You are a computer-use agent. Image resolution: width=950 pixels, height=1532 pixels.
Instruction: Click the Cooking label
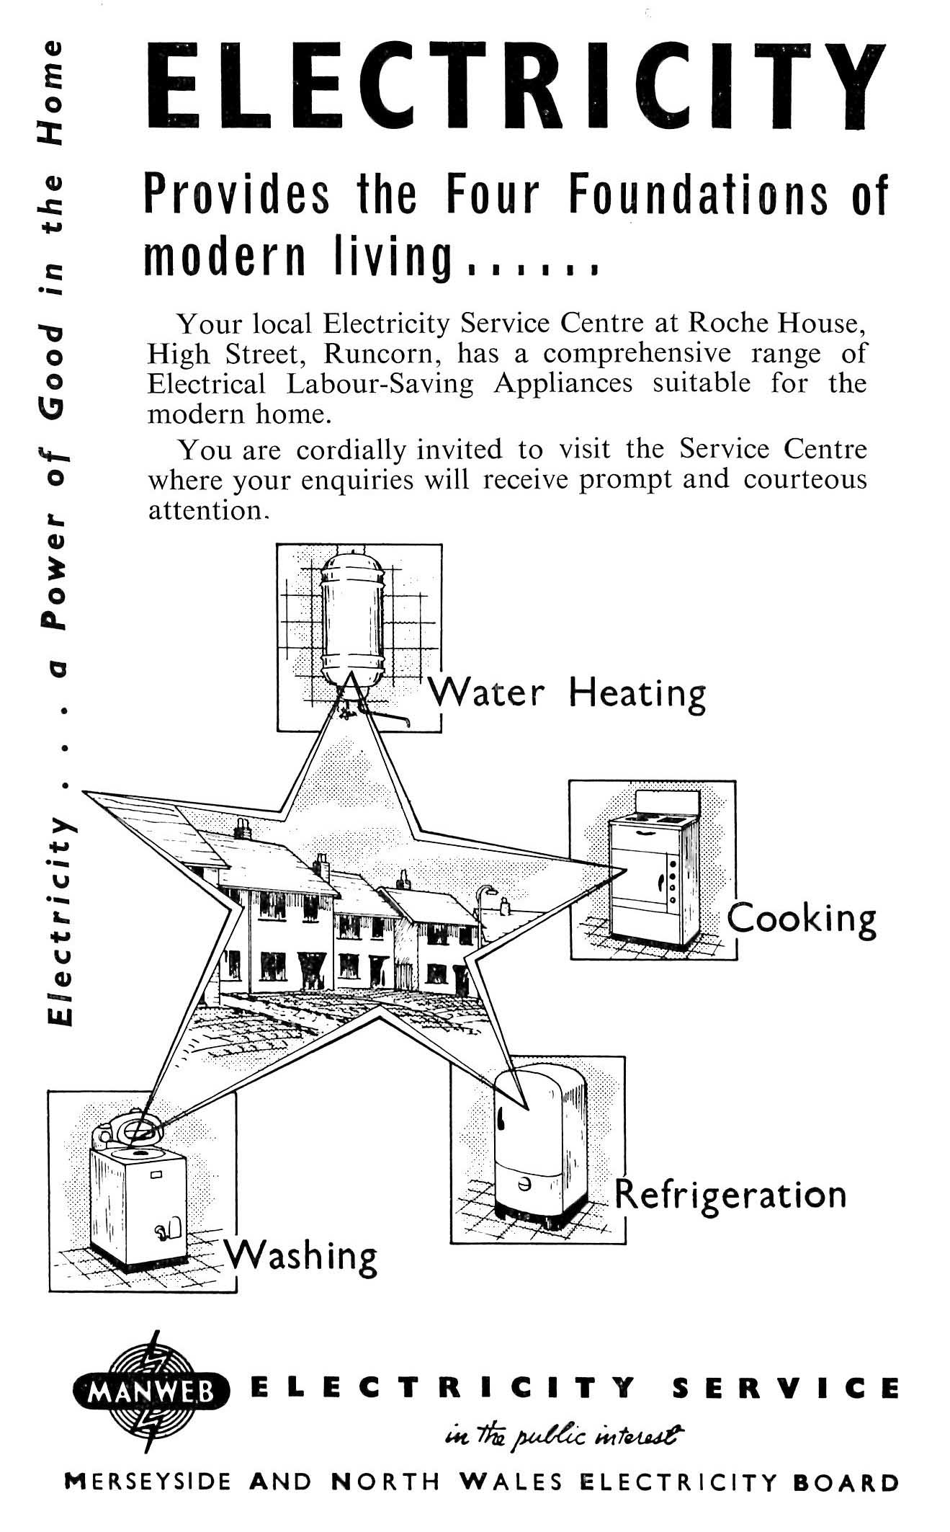coord(802,918)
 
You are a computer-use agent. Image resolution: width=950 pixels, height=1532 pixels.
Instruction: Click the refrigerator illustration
coord(540,1146)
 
